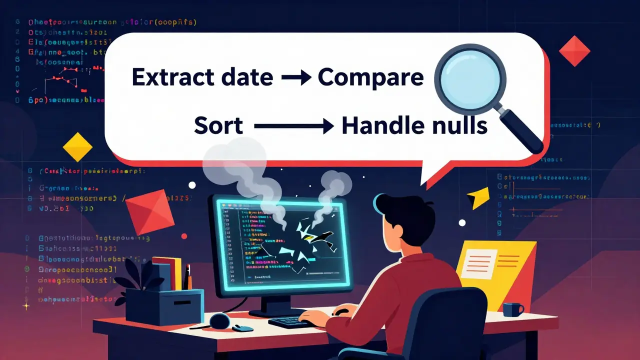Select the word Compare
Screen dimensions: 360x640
[x=370, y=78]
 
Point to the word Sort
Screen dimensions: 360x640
[x=218, y=126]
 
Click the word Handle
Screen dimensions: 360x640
[x=377, y=126]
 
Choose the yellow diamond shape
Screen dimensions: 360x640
[x=77, y=147]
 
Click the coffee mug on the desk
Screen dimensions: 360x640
[x=512, y=309]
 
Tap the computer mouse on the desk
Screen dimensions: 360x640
[x=243, y=328]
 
